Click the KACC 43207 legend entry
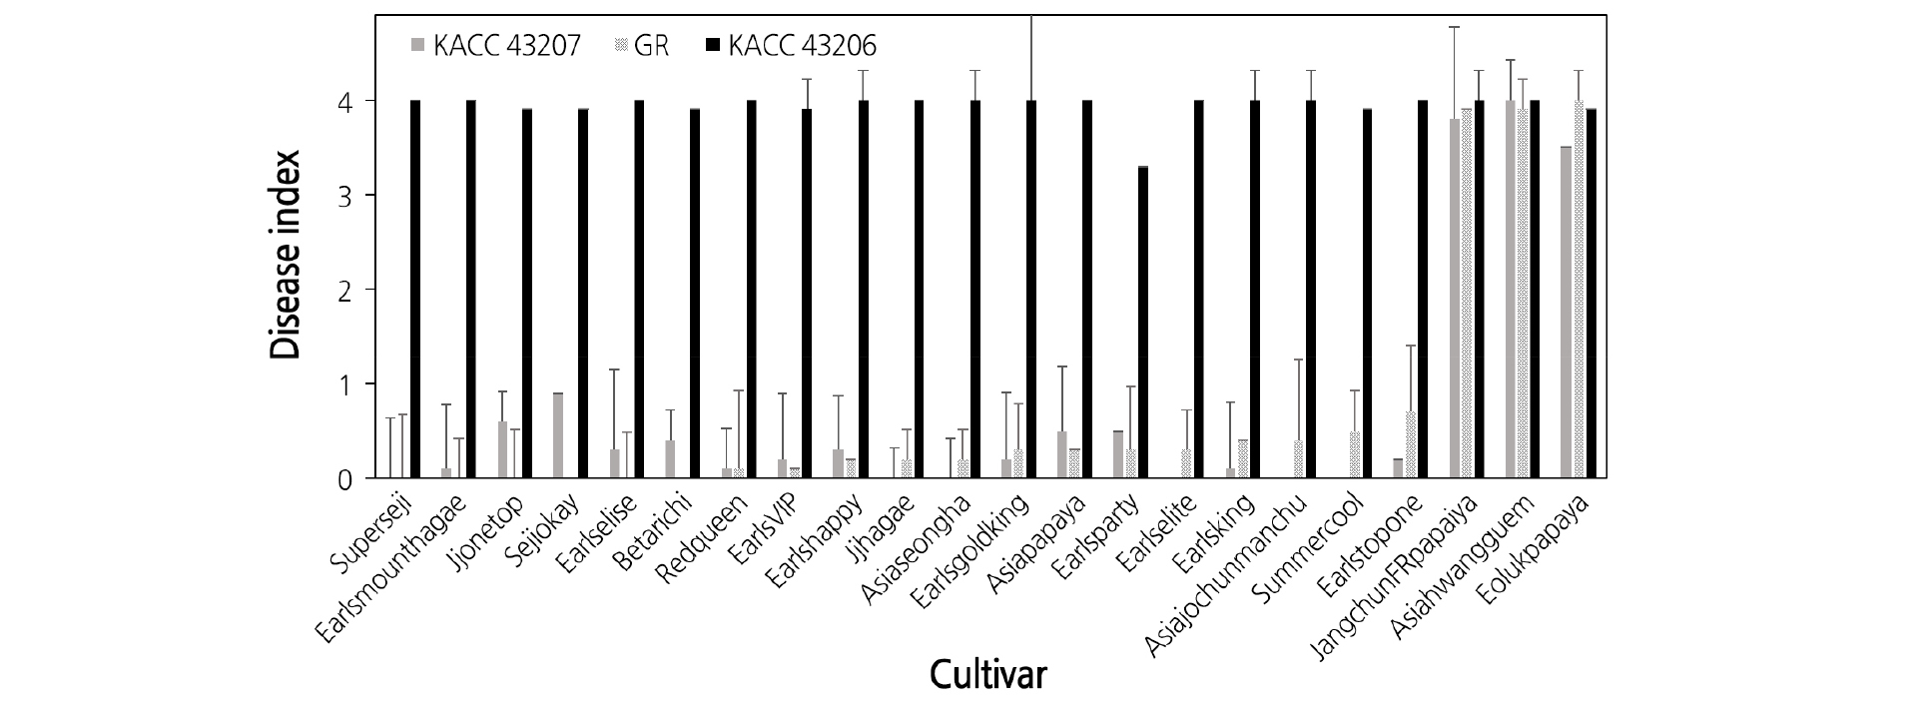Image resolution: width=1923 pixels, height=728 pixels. [494, 46]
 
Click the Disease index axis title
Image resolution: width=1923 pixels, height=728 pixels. [286, 256]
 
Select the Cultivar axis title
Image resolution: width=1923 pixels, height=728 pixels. [988, 675]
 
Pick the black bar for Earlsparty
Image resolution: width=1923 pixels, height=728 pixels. [1143, 323]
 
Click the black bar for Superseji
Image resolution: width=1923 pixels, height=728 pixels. [415, 290]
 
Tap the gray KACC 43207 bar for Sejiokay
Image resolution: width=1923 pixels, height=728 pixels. [558, 436]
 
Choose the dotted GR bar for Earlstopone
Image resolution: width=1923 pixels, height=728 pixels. [1411, 445]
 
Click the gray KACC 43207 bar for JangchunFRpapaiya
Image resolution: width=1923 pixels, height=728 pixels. [1455, 299]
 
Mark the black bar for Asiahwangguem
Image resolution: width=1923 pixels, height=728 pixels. [1535, 290]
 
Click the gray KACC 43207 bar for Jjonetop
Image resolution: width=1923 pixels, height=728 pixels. [502, 450]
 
